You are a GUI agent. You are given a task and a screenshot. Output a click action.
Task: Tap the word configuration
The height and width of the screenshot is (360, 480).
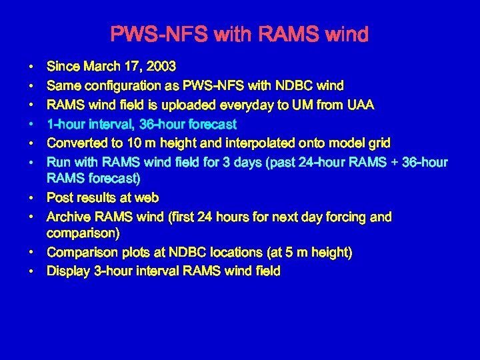(117, 85)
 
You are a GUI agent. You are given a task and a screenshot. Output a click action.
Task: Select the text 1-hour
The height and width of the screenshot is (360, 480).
(64, 124)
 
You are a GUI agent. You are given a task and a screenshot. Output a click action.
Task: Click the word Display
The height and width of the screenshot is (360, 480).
(67, 271)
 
